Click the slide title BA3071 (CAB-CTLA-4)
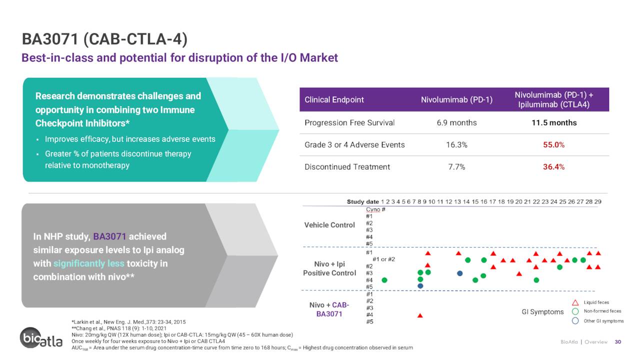click(x=104, y=39)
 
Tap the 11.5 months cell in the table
click(x=554, y=123)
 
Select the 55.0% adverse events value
click(x=553, y=145)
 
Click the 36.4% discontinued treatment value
click(x=553, y=167)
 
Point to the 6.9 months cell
click(x=456, y=123)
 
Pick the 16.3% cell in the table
click(x=456, y=145)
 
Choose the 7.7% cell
click(x=456, y=167)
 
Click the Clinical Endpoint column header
click(x=334, y=99)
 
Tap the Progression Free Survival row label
click(x=349, y=123)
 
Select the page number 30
click(x=617, y=341)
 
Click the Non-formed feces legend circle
click(x=575, y=311)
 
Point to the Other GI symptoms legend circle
click(x=575, y=321)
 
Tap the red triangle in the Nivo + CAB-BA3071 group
click(x=420, y=315)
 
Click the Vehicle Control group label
click(x=329, y=225)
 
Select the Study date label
click(x=362, y=201)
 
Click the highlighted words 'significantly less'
click(x=89, y=263)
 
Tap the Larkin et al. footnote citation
click(x=128, y=322)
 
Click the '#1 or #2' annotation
click(x=383, y=259)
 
